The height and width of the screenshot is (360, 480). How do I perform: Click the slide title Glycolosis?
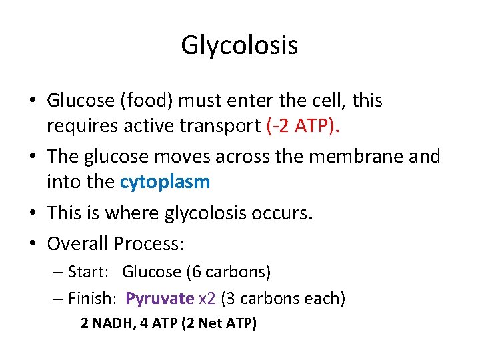click(x=239, y=46)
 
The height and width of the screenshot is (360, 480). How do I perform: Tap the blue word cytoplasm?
click(x=165, y=181)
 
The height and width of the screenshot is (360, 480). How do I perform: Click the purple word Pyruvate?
click(x=160, y=299)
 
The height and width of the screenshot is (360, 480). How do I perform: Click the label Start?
click(x=90, y=272)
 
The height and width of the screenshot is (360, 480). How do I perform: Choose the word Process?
click(x=149, y=244)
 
